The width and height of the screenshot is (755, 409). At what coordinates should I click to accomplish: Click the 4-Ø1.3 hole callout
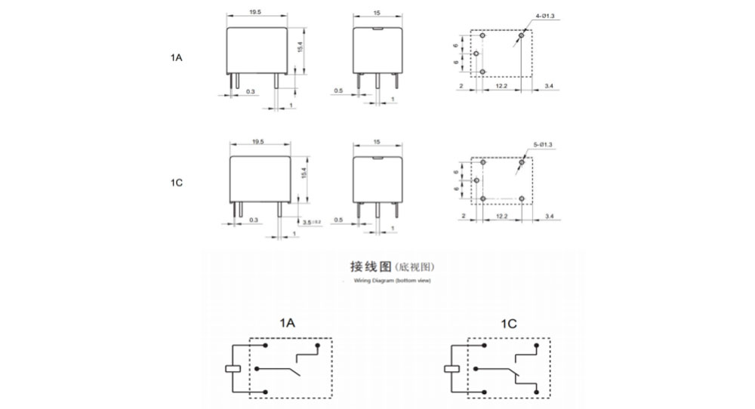545,16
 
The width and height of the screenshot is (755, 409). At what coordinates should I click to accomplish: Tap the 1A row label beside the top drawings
177,57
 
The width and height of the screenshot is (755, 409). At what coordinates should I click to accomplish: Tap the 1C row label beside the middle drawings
177,183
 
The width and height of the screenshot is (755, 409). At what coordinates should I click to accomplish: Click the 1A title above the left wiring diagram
287,324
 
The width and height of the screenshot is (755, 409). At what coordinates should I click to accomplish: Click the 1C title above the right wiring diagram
508,324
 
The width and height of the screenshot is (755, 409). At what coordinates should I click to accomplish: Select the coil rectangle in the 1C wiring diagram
451,369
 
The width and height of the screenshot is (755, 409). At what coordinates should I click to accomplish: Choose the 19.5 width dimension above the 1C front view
257,141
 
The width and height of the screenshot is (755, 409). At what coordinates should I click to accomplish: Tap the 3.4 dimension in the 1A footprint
548,88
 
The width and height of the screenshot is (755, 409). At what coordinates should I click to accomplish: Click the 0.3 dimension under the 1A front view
250,91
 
